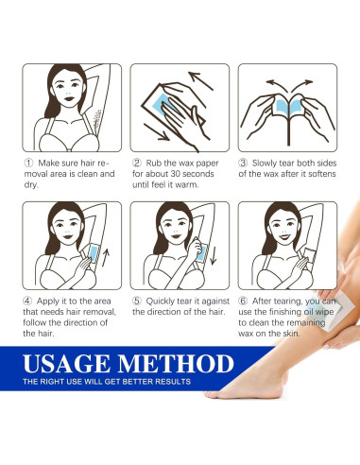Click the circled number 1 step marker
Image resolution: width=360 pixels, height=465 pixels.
(28, 164)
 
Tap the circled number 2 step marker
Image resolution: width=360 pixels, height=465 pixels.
(137, 164)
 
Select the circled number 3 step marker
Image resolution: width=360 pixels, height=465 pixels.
(243, 164)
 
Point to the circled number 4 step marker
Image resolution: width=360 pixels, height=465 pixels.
(27, 301)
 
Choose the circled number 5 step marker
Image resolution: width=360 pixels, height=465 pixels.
(137, 301)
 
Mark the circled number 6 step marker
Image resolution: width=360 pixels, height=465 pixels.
(243, 301)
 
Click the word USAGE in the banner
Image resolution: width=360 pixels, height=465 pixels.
(66, 364)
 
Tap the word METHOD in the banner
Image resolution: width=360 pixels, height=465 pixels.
(176, 364)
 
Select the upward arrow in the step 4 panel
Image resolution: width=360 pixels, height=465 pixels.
(106, 257)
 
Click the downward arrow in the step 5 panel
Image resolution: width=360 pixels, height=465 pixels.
(214, 255)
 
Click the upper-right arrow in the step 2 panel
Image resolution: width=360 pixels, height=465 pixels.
(201, 80)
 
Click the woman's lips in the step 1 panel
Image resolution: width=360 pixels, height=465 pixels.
(69, 98)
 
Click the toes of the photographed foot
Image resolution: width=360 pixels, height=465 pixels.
(214, 394)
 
